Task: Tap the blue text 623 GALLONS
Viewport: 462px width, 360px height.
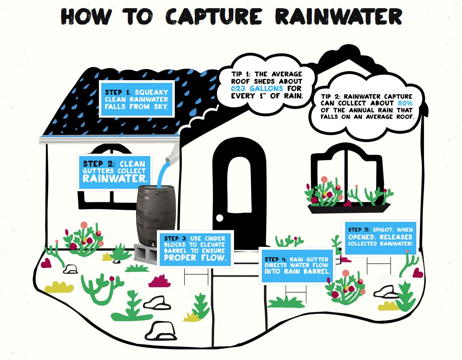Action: pos(257,88)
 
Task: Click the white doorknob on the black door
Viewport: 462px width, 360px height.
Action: pos(220,218)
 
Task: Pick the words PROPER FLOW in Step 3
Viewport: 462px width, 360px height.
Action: pos(194,258)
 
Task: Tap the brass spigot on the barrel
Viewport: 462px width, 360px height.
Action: pos(152,244)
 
